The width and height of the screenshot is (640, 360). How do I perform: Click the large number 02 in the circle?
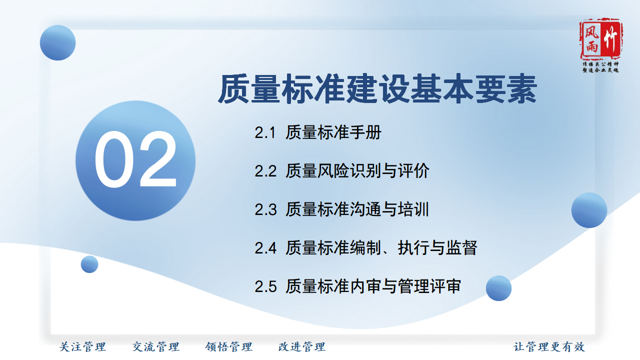[135, 159]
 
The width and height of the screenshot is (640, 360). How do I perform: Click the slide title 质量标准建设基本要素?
[377, 89]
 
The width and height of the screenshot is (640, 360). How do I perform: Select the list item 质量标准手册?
[333, 132]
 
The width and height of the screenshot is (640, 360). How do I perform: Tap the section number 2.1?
[265, 133]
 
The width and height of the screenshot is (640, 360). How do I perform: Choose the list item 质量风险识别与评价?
[357, 171]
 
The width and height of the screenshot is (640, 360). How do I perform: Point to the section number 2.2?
[265, 171]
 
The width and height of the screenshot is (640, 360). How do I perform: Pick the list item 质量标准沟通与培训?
[357, 209]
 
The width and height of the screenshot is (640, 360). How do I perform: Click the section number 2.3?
[265, 209]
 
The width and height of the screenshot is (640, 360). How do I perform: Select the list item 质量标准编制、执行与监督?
[381, 247]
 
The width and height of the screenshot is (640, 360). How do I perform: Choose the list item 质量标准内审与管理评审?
[373, 286]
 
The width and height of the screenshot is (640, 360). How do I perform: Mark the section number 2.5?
[265, 286]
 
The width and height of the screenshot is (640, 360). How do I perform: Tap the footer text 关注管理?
[82, 347]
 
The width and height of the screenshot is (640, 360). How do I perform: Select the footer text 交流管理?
[155, 347]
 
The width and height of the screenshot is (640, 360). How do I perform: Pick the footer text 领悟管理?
[228, 347]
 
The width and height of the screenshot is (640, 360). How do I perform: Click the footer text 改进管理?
[301, 347]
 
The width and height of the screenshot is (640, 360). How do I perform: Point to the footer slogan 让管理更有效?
[549, 347]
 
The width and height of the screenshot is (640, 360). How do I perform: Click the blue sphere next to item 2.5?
[498, 288]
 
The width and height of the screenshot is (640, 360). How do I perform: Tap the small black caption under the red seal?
[600, 67]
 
